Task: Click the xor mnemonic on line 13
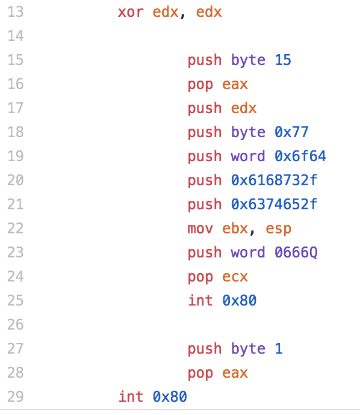click(131, 12)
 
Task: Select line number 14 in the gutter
click(16, 35)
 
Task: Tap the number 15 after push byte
click(283, 60)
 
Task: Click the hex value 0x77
click(291, 132)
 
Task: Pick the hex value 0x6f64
click(300, 156)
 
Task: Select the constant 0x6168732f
click(274, 180)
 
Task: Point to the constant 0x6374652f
click(274, 204)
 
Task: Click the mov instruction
click(200, 229)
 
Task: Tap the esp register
click(278, 229)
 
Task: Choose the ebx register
click(235, 228)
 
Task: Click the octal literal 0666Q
click(296, 252)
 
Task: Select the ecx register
click(235, 277)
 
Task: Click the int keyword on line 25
click(200, 300)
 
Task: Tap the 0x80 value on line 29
click(170, 396)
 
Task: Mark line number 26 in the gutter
click(16, 325)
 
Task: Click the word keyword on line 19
click(247, 156)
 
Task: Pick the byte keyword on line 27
click(248, 348)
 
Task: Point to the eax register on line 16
click(235, 84)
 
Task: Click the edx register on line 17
click(244, 108)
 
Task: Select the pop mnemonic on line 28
click(200, 373)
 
